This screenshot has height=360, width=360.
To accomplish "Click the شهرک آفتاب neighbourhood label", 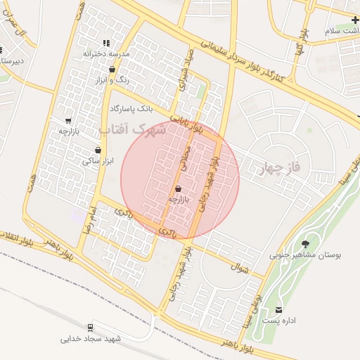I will point(133,130).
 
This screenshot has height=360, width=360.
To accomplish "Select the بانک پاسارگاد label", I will point(131,109).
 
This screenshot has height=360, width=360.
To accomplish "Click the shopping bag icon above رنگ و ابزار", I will point(112,69).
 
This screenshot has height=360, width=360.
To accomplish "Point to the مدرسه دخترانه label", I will point(105,53).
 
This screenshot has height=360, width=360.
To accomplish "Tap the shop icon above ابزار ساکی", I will point(97,150).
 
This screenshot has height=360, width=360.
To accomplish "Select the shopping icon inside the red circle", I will point(177,188).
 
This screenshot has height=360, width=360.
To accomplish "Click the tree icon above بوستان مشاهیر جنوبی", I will point(304,243).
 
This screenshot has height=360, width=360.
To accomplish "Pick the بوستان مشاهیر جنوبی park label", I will point(304,256).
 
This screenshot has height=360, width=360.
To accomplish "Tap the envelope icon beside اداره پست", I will point(280,310).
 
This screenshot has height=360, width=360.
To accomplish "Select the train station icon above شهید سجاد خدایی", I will point(91,328).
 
